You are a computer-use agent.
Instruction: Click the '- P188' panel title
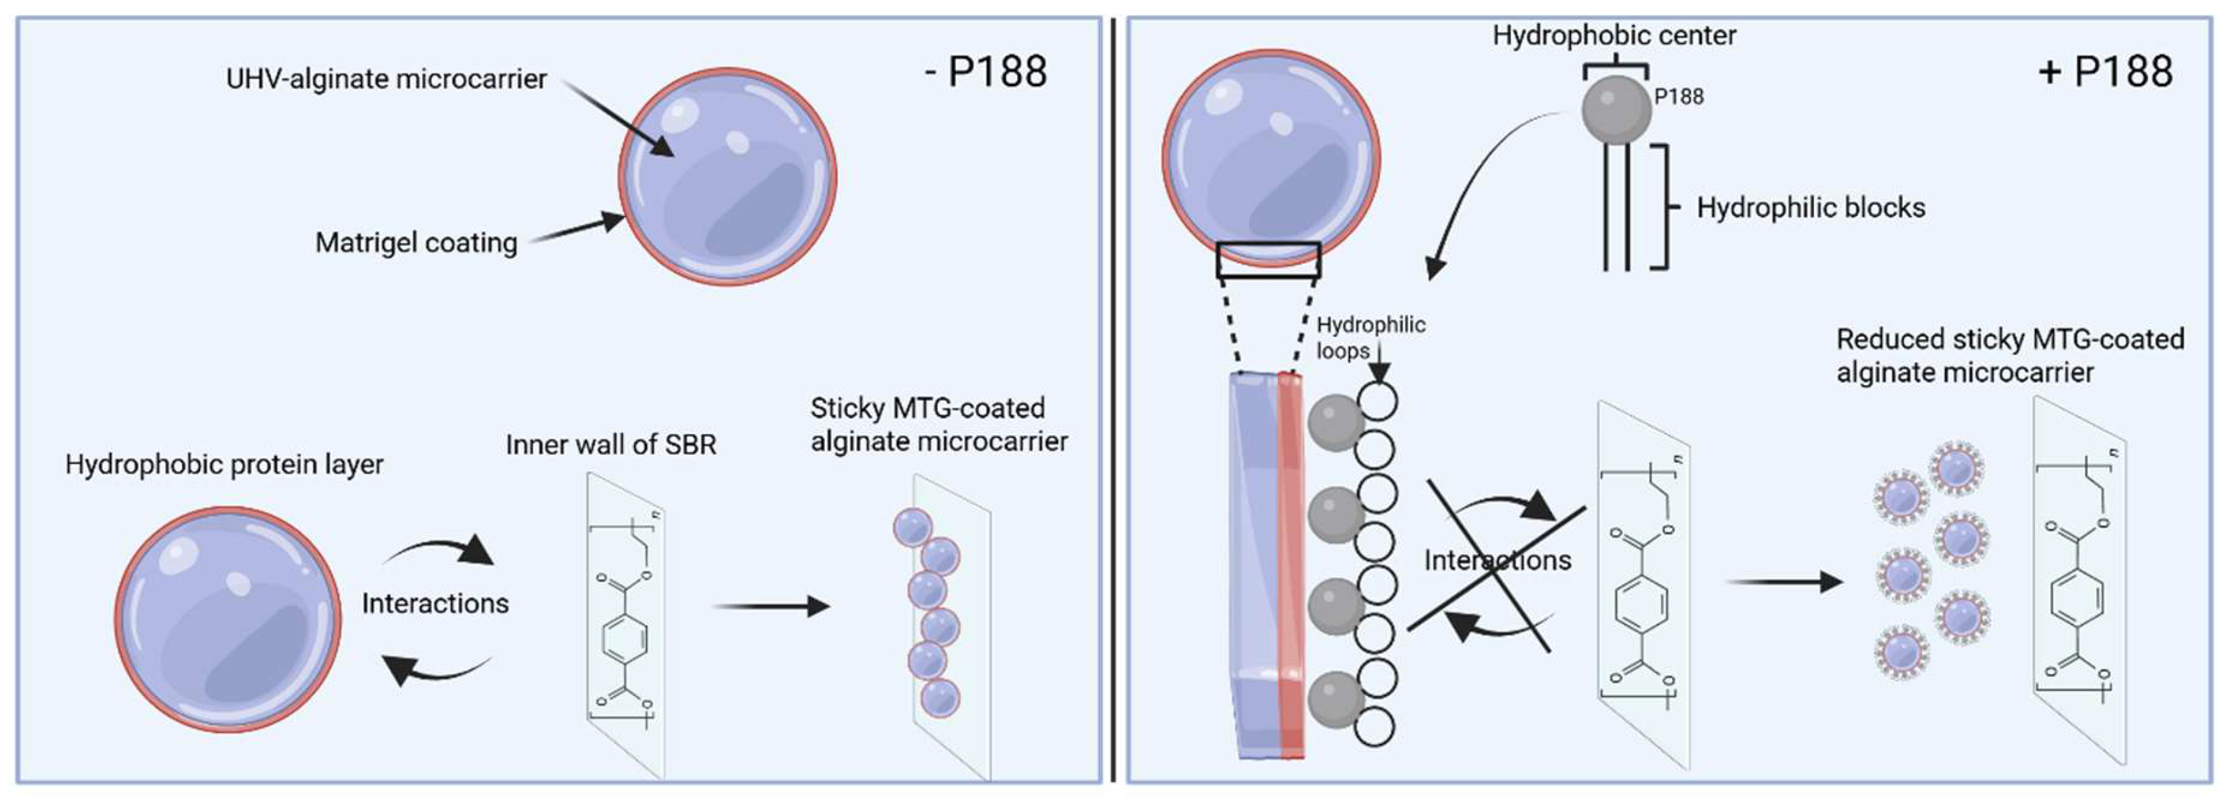pyautogui.click(x=985, y=71)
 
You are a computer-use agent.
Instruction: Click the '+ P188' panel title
pyautogui.click(x=2105, y=71)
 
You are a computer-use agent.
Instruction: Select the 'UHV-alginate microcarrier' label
pyautogui.click(x=387, y=79)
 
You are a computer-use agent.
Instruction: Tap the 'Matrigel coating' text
pyautogui.click(x=416, y=243)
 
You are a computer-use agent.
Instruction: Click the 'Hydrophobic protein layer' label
pyautogui.click(x=224, y=464)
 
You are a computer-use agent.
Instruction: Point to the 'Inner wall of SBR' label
pyautogui.click(x=611, y=444)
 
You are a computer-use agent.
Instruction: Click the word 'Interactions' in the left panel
pyautogui.click(x=434, y=603)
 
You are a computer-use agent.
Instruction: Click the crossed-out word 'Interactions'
pyautogui.click(x=1497, y=561)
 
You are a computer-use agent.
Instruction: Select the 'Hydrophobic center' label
pyautogui.click(x=1613, y=35)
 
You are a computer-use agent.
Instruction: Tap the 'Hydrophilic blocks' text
pyautogui.click(x=1810, y=208)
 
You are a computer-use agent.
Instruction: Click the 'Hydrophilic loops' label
pyautogui.click(x=1370, y=337)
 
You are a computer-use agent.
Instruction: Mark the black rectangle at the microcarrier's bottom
pyautogui.click(x=1268, y=260)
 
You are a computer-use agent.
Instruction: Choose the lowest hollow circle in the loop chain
pyautogui.click(x=1374, y=727)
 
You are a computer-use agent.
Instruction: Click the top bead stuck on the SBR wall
pyautogui.click(x=912, y=527)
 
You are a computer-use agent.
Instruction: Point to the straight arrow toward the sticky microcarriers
pyautogui.click(x=769, y=607)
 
